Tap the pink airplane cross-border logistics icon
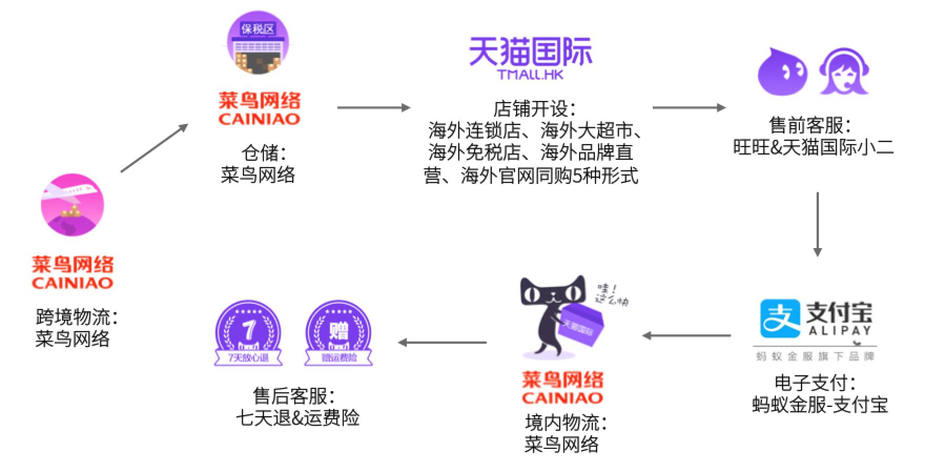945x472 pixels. tap(73, 205)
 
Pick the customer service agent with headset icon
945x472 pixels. tap(844, 71)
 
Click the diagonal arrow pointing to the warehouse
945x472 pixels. tap(154, 148)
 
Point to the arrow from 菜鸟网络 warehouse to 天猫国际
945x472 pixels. tap(373, 108)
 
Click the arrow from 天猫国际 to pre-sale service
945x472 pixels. tap(689, 108)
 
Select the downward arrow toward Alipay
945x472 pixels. tap(817, 224)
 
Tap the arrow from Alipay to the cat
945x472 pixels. tap(686, 335)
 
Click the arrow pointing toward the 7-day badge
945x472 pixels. tap(442, 343)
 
